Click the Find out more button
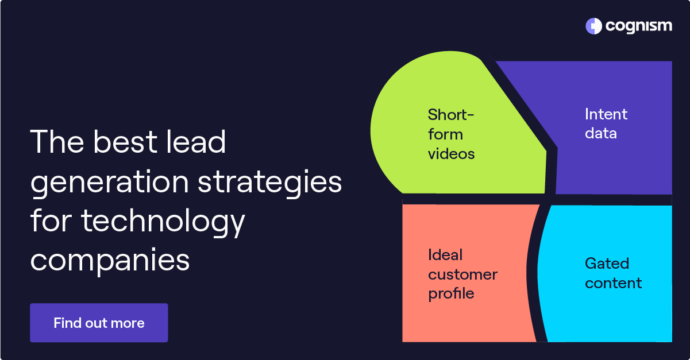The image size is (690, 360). click(99, 323)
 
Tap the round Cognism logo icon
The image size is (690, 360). click(593, 26)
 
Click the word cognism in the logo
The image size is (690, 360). click(638, 26)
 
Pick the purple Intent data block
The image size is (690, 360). click(613, 128)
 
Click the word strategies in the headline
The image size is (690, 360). click(269, 183)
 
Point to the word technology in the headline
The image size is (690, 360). click(163, 221)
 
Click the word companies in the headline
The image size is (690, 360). click(110, 261)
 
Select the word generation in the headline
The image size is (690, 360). click(109, 183)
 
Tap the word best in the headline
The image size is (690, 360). click(125, 142)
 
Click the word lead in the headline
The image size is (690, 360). click(195, 142)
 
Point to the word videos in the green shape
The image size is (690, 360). click(451, 154)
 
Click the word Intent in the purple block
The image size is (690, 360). click(606, 114)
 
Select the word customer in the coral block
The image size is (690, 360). click(462, 274)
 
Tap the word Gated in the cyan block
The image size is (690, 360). click(607, 264)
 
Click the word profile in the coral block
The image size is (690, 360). click(451, 293)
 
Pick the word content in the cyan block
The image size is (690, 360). click(613, 283)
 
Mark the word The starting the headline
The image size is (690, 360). click(57, 142)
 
